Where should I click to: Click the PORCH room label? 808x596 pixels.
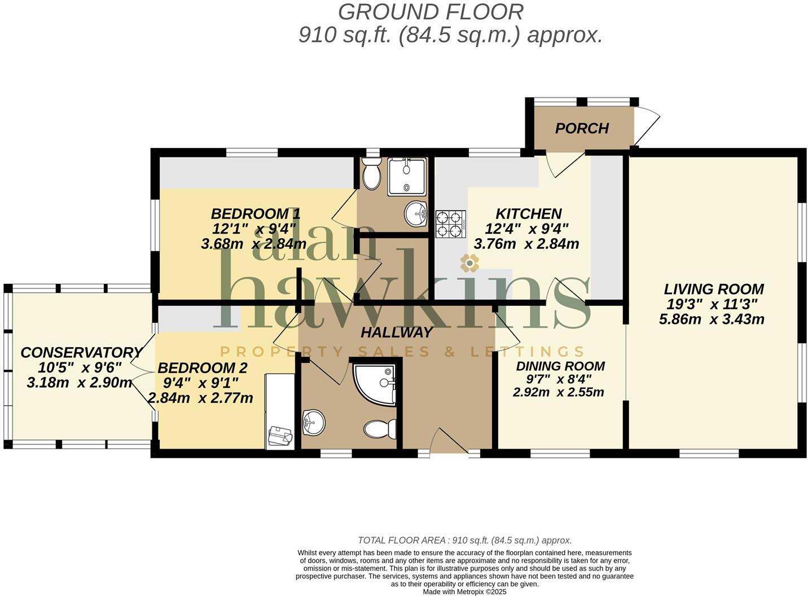point(582,128)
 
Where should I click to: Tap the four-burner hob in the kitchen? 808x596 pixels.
point(450,223)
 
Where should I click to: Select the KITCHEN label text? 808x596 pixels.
point(528,214)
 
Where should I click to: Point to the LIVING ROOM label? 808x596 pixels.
point(713,289)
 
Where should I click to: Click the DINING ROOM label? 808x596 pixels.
point(560,366)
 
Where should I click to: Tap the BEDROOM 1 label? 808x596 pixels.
point(255,214)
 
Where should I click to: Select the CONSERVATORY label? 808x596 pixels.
point(81,353)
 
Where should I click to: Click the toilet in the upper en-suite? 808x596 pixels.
point(371,173)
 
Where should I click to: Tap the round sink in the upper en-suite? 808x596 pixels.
point(416,214)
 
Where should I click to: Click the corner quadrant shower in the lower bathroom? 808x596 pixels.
point(375,382)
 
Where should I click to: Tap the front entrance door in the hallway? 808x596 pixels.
point(449,442)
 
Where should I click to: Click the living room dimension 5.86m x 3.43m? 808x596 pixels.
point(711,319)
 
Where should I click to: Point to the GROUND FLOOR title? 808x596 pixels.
point(431,11)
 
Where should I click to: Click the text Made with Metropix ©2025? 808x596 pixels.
point(464,592)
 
